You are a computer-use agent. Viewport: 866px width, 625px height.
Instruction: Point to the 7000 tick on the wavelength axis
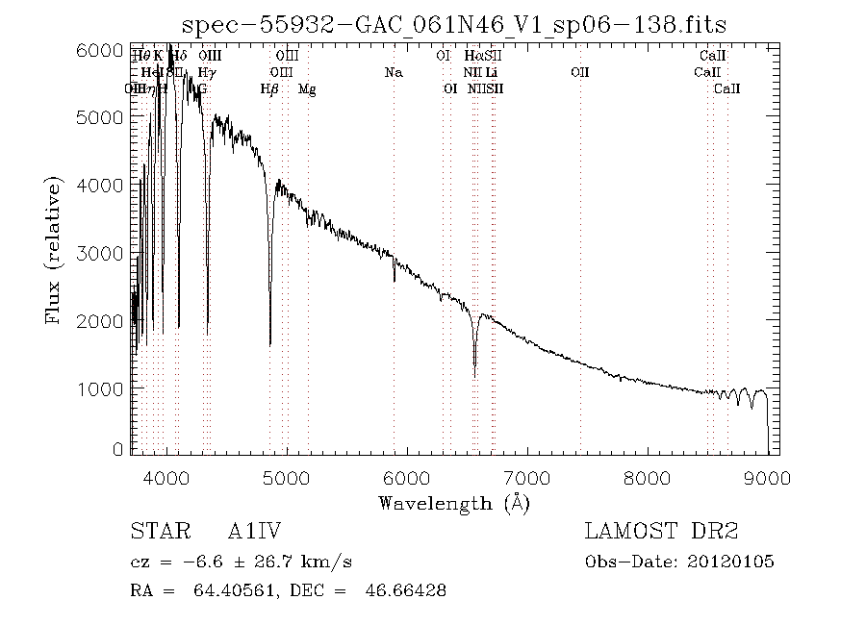click(x=528, y=453)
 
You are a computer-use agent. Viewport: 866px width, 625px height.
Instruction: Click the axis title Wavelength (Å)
click(x=454, y=503)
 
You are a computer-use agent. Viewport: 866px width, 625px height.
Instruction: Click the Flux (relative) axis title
click(x=55, y=252)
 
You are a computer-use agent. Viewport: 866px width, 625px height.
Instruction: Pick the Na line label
click(x=393, y=72)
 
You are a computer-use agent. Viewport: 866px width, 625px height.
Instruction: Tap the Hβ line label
click(x=269, y=88)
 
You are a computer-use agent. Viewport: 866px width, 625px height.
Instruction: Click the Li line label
click(x=492, y=72)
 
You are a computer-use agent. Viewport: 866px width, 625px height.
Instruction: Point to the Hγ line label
click(x=207, y=72)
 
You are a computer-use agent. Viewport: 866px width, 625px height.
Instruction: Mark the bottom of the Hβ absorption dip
click(x=269, y=343)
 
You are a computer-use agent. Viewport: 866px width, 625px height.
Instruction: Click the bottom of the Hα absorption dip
click(x=474, y=375)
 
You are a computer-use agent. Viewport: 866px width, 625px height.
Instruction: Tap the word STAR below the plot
click(x=155, y=531)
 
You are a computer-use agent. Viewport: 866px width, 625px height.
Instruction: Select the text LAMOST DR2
click(x=661, y=531)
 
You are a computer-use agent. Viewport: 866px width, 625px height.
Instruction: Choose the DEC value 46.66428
click(x=396, y=590)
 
